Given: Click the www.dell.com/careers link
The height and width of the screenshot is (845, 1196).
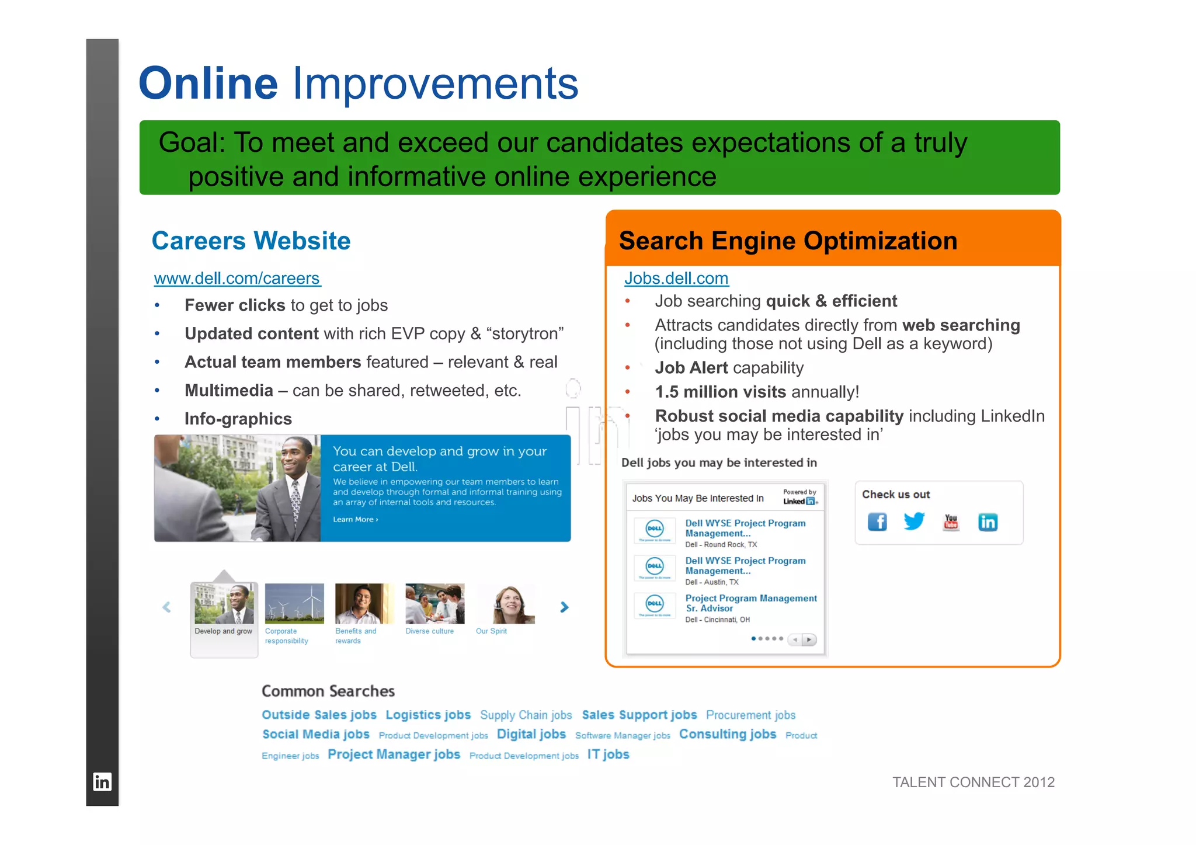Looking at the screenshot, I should pyautogui.click(x=237, y=279).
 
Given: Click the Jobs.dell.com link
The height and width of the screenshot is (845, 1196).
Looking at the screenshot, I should pyautogui.click(x=676, y=279).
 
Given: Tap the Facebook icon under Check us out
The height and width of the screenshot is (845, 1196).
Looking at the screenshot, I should pyautogui.click(x=877, y=521).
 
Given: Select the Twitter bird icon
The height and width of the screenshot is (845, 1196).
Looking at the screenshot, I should pyautogui.click(x=914, y=520).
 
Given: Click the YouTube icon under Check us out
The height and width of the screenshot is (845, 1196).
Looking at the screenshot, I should pyautogui.click(x=951, y=521).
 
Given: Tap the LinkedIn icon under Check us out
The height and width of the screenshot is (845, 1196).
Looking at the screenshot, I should pyautogui.click(x=988, y=522).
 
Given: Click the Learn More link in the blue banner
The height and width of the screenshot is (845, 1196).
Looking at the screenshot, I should pyautogui.click(x=355, y=519).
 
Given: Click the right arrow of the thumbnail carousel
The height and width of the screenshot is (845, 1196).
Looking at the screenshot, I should pyautogui.click(x=564, y=607).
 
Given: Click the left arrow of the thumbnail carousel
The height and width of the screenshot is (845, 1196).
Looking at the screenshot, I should pyautogui.click(x=166, y=607).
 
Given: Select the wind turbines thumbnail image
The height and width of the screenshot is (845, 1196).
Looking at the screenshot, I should pyautogui.click(x=294, y=603).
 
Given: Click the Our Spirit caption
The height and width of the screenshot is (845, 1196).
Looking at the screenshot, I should pyautogui.click(x=491, y=631).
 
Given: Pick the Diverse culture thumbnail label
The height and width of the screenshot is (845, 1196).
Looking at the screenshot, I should pyautogui.click(x=429, y=631).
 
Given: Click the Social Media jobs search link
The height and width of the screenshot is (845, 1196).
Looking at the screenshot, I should pyautogui.click(x=316, y=735).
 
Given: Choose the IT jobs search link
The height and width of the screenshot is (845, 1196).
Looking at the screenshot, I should pyautogui.click(x=608, y=754).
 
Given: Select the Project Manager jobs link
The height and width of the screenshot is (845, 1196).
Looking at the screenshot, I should pyautogui.click(x=394, y=754).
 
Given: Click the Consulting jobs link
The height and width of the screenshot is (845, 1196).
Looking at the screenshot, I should pyautogui.click(x=727, y=735).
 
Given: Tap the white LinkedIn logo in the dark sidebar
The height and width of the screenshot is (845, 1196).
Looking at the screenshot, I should pyautogui.click(x=102, y=782).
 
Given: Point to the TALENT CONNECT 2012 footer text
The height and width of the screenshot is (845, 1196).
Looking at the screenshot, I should pyautogui.click(x=973, y=783).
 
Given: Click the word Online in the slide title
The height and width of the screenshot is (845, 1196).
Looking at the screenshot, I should pyautogui.click(x=208, y=84).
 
